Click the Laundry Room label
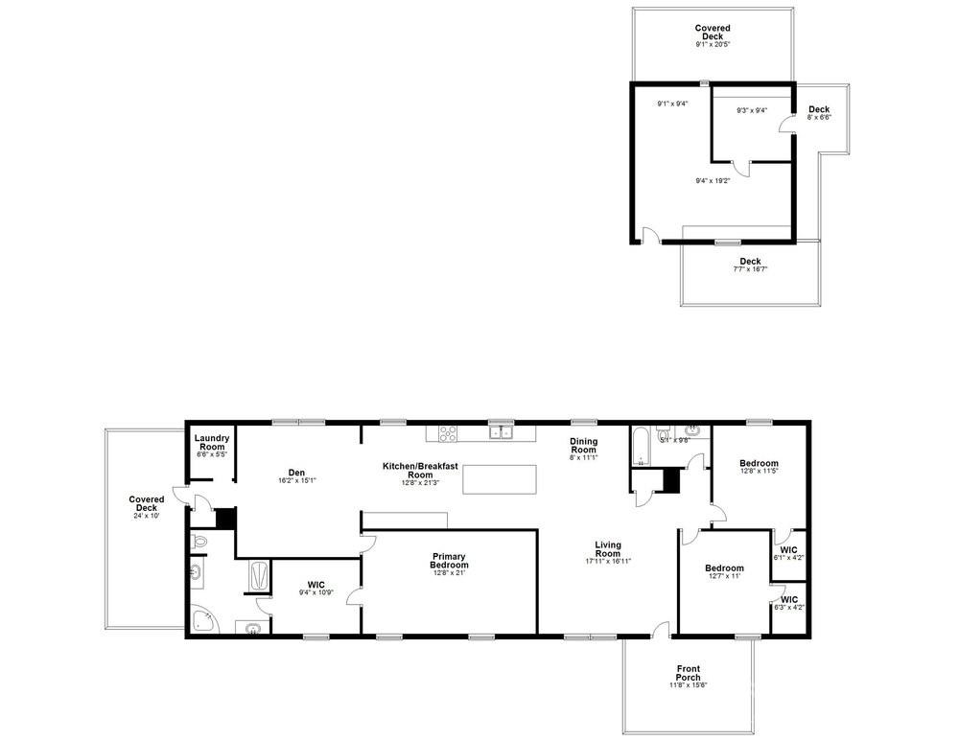211,442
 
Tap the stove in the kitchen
448,432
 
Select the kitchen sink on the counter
501,432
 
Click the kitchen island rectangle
500,478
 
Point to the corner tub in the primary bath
204,620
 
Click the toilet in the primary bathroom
199,542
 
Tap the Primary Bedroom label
449,561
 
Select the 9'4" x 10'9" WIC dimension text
316,592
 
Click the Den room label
296,471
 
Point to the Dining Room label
584,446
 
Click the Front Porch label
688,673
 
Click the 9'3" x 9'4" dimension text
752,110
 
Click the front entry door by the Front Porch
660,630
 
